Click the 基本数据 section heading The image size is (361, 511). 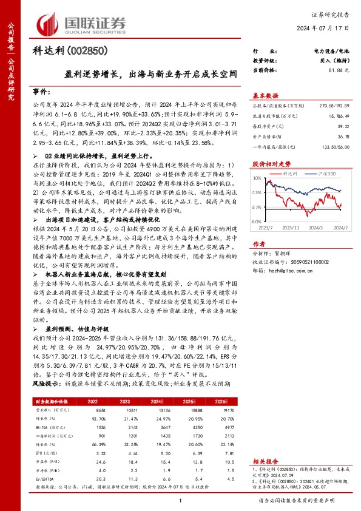click(x=265, y=96)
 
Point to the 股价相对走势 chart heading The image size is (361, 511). click(x=270, y=181)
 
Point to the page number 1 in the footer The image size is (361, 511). click(x=180, y=500)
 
